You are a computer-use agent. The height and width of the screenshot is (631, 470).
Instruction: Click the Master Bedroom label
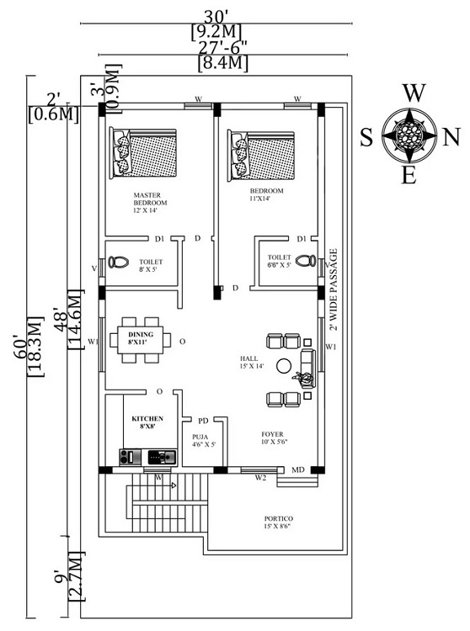coord(151,202)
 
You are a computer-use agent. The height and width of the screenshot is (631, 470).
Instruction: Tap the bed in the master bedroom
coord(143,152)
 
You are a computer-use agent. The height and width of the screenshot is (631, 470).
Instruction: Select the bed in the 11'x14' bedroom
coord(260,152)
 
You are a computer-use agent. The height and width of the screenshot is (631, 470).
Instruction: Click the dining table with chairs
coord(141,342)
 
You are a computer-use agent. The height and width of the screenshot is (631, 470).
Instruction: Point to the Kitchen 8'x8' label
coord(147,422)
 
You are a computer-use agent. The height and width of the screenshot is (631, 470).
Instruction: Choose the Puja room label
coord(201,440)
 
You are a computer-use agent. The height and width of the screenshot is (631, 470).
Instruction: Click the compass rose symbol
coord(409,134)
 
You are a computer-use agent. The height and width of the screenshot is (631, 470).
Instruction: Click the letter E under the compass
coord(409,175)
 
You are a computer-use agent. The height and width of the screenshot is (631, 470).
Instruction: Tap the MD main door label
coord(297,469)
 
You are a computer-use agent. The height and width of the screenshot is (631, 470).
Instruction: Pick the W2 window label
coord(262,478)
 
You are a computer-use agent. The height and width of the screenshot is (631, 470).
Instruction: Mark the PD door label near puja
coord(203,420)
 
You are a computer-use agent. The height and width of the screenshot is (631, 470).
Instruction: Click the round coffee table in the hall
coord(284,365)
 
